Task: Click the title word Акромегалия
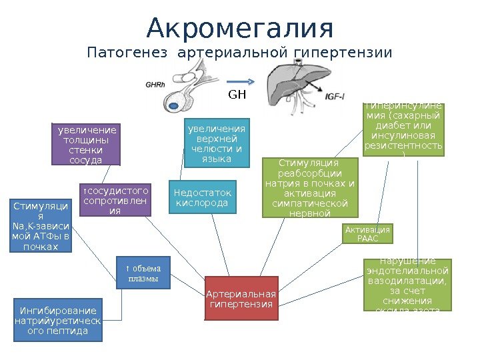pos(239,28)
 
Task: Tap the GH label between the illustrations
pos(237,95)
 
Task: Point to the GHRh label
pos(155,85)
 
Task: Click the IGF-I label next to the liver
pos(335,97)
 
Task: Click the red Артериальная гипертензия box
pos(241,299)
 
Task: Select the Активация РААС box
pos(367,233)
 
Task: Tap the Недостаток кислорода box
pos(201,197)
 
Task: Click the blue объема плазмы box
pos(143,273)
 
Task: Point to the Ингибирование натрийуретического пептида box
pos(59,320)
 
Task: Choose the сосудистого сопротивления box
pos(115,201)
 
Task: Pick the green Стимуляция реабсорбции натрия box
pos(309,187)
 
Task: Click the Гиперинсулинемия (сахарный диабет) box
pos(403,129)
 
